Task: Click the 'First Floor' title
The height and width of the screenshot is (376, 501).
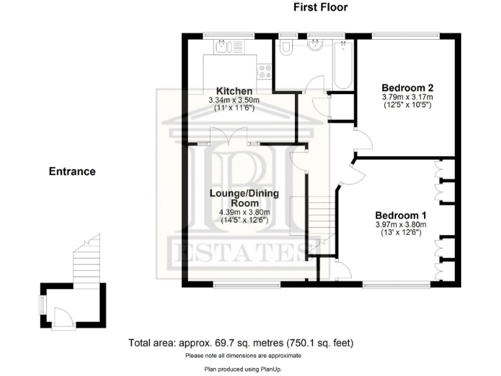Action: tap(320, 7)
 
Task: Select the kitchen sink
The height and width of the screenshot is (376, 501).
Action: tap(222, 46)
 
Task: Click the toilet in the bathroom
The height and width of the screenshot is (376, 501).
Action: tap(284, 49)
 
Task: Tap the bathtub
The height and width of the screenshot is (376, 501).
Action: tap(343, 65)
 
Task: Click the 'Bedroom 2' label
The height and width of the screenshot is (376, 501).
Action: tap(408, 87)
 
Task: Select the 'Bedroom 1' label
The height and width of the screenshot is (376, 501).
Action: tap(400, 215)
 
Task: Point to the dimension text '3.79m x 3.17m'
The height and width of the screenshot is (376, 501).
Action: tap(408, 97)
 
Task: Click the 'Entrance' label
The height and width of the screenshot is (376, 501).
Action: tap(72, 172)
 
